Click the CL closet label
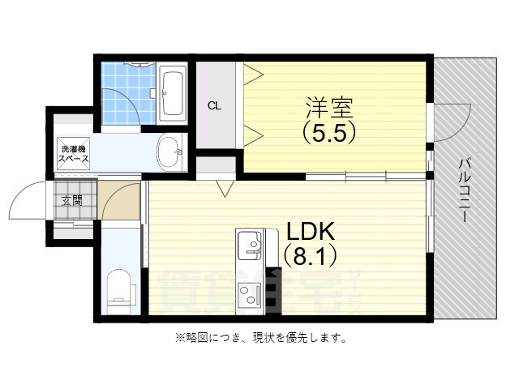click(x=214, y=105)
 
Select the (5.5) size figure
click(x=329, y=131)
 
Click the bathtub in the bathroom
click(x=172, y=94)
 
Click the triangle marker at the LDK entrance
click(x=225, y=190)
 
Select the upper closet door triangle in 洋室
click(x=253, y=74)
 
